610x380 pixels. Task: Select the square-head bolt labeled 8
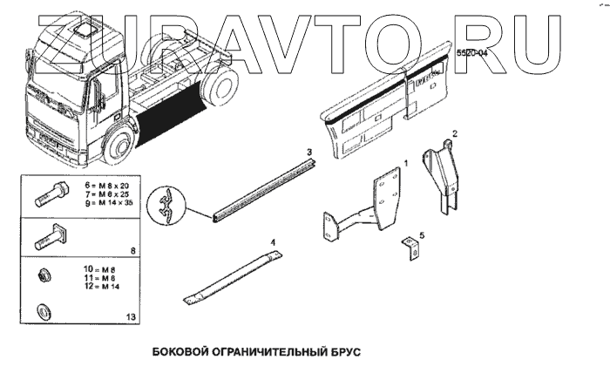(x=49, y=235)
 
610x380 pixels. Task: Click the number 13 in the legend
(x=131, y=317)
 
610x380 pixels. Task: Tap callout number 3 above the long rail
(x=308, y=153)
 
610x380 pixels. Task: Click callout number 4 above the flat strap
(x=272, y=241)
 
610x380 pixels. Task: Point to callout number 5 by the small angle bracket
(x=422, y=234)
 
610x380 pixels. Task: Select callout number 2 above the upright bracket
(x=453, y=134)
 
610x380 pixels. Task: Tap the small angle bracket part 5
(x=408, y=247)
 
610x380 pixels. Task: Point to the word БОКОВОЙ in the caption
(x=180, y=354)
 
